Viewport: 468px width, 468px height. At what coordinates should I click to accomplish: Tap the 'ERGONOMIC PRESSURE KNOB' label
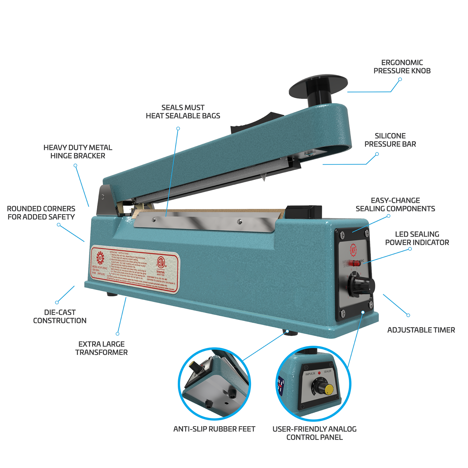tap(402, 67)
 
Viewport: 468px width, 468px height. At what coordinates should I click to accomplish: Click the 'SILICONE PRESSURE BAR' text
tap(390, 140)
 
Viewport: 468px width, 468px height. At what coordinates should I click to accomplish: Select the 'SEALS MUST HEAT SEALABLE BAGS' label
tap(183, 112)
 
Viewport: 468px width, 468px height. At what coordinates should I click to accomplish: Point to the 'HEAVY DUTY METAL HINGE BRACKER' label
tap(78, 152)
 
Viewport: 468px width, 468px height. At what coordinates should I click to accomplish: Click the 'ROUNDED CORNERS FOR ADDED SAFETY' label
tap(41, 213)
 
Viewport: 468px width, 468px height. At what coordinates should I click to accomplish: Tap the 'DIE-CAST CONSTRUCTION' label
tap(60, 316)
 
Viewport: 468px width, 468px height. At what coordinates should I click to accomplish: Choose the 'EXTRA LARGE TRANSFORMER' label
tap(101, 348)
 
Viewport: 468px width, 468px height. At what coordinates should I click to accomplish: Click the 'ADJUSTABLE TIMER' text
tap(421, 330)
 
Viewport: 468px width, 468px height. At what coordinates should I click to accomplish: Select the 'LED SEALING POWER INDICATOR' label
tap(417, 238)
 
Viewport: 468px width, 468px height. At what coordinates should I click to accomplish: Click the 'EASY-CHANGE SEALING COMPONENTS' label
tap(395, 204)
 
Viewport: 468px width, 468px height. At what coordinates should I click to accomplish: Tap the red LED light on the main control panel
tap(356, 263)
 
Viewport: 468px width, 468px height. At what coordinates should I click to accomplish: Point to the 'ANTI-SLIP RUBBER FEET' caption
tap(214, 429)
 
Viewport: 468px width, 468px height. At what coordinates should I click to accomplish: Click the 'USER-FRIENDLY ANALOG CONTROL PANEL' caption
tap(314, 433)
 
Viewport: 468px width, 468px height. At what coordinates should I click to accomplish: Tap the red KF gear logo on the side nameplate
tap(100, 258)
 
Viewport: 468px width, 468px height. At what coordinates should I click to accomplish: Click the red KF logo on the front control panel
tap(353, 250)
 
